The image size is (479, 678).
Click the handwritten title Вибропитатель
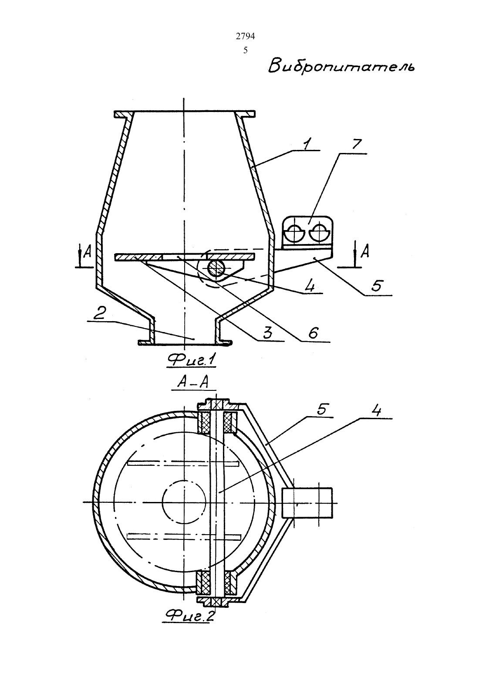tap(341, 66)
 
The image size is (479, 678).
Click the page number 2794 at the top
tap(245, 37)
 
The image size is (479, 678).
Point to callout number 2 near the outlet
tap(99, 314)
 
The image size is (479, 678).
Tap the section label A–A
tap(192, 383)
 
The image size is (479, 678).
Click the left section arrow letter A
tap(88, 252)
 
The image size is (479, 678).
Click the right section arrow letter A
tap(365, 251)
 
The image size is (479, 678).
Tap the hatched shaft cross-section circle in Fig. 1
tap(216, 268)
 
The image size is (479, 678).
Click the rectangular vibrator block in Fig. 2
tap(307, 502)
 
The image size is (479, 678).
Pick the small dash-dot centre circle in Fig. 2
tap(184, 502)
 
